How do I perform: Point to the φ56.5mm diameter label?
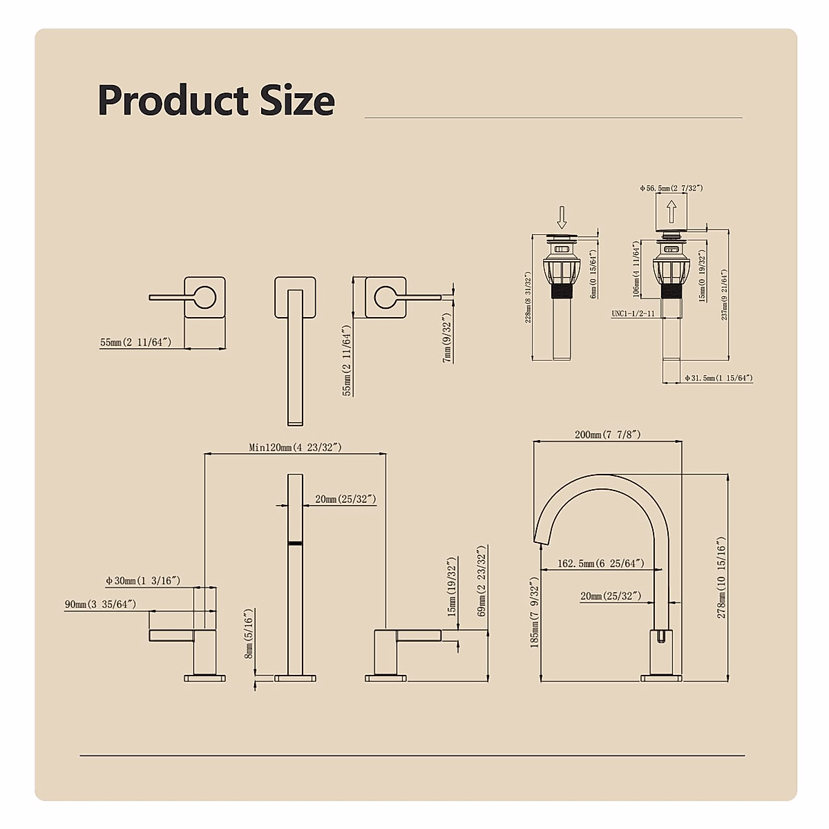[x=671, y=188]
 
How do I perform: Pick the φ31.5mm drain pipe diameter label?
[x=718, y=378]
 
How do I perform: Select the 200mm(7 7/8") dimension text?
[x=607, y=435]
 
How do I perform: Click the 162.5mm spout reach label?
[x=600, y=564]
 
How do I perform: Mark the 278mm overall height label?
[x=721, y=578]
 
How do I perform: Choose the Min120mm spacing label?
[x=295, y=447]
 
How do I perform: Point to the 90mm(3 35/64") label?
[x=100, y=604]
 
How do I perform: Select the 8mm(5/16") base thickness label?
[x=249, y=634]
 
